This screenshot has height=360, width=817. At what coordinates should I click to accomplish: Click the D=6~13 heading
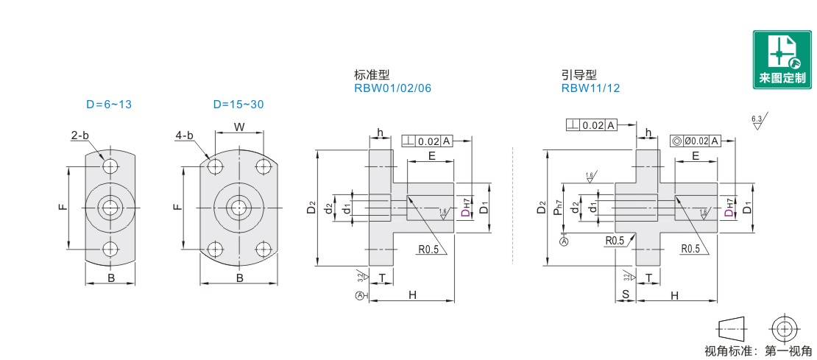(108, 105)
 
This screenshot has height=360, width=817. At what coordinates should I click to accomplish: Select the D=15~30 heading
(238, 105)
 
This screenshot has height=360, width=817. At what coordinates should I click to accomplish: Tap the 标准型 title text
(371, 75)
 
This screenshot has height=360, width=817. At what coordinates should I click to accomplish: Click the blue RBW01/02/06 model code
(392, 88)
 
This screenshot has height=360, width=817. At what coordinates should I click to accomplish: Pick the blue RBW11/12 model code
(590, 88)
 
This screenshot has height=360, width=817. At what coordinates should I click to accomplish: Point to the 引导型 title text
(578, 75)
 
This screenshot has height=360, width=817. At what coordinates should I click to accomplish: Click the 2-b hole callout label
(80, 135)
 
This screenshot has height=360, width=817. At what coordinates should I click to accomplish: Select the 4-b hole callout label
(184, 135)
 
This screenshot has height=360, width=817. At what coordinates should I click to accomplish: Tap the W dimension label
(239, 127)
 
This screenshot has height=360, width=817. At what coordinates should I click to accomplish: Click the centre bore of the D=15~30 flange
(238, 207)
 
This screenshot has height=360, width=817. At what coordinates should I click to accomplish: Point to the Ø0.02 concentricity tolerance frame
(695, 141)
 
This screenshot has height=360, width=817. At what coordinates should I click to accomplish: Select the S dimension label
(625, 294)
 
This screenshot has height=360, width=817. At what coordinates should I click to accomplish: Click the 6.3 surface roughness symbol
(757, 121)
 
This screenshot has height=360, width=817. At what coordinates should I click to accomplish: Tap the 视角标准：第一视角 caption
(758, 351)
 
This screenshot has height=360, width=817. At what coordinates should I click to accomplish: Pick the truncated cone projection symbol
(731, 328)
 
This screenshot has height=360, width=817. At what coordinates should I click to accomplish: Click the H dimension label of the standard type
(412, 294)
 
